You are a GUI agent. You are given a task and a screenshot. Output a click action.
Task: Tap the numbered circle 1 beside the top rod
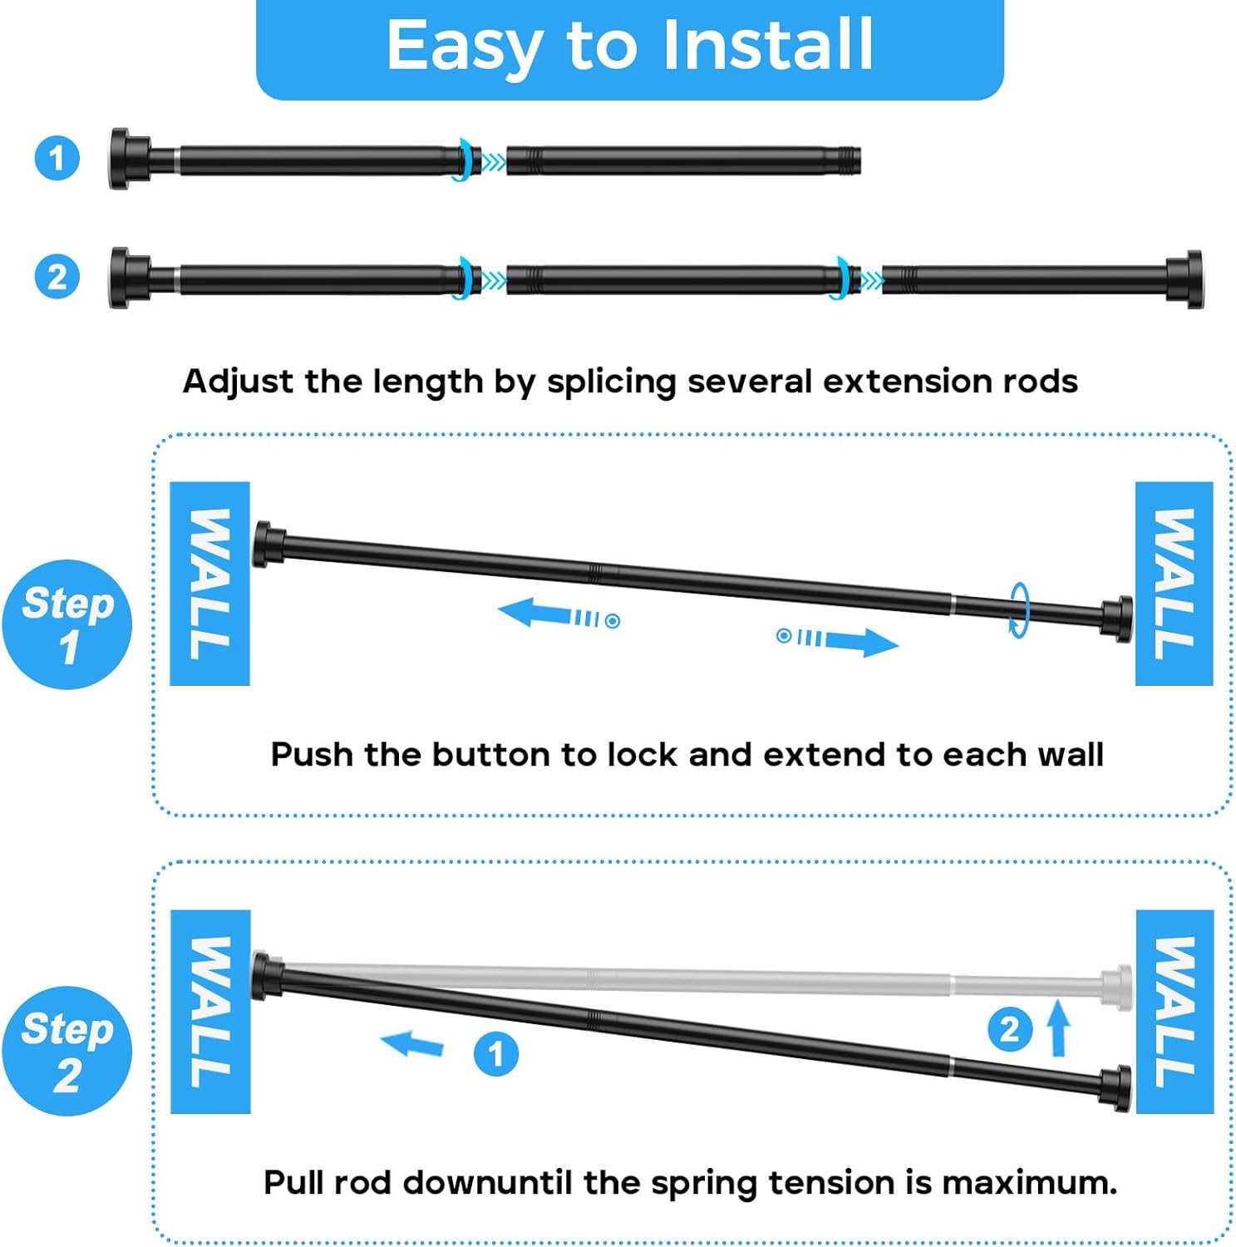57,158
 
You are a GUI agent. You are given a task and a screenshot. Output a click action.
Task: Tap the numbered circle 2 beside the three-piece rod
57,277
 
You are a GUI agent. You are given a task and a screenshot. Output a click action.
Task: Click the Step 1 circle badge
67,624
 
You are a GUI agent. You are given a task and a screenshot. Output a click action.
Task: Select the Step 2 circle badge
67,1051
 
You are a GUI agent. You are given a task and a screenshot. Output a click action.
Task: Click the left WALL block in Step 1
209,584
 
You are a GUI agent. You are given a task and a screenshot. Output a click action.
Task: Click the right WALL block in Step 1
1174,584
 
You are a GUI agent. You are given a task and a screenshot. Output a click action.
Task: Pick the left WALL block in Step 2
210,1012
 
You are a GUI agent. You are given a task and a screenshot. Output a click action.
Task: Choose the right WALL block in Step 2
1174,1012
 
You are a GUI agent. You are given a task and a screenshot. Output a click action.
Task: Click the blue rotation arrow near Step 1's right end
1020,609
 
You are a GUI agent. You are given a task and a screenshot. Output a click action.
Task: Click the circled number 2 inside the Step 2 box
1010,1029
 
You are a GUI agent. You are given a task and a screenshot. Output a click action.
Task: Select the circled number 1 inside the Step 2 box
496,1054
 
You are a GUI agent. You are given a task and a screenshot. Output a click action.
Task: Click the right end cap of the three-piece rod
1185,279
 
